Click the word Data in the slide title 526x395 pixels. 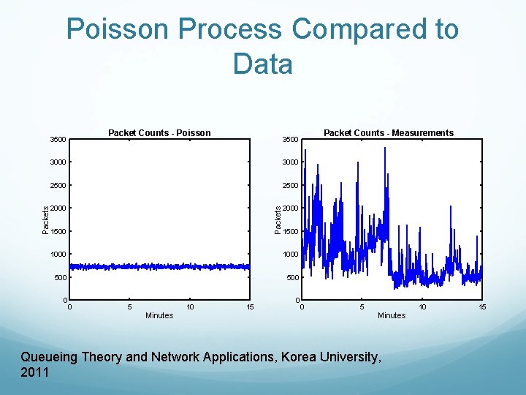[262, 64]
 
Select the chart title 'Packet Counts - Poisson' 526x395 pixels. [159, 133]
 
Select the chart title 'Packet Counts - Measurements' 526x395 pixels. [388, 133]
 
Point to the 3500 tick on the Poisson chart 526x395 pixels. [57, 140]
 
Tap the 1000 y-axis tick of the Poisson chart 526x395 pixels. [58, 255]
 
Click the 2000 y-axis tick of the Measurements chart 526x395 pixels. [290, 208]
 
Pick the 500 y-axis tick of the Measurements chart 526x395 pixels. [292, 278]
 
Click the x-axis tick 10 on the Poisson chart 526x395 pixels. [190, 307]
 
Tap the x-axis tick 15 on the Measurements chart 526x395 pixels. [482, 307]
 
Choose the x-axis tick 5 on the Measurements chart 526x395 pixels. [362, 307]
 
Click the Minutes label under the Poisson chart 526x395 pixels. [159, 316]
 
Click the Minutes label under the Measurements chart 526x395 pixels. [392, 316]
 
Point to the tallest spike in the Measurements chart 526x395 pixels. [385, 148]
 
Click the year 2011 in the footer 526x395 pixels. [34, 372]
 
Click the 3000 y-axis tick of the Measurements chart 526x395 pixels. [290, 162]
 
